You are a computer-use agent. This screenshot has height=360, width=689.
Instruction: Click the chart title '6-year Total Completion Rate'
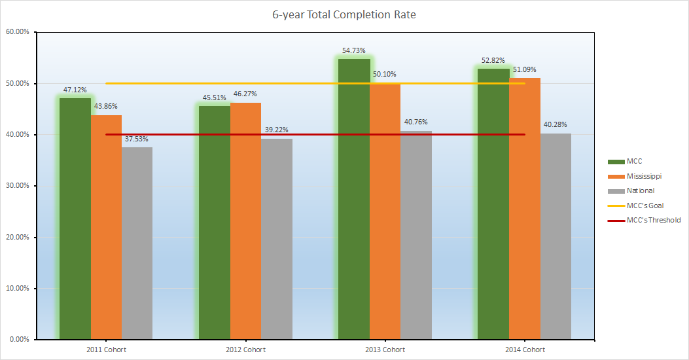[344, 15]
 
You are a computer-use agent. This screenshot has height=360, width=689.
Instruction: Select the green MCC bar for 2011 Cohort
[75, 219]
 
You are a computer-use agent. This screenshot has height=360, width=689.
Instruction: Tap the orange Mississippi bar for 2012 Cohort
[245, 221]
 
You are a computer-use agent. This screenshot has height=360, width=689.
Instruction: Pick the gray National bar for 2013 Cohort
[416, 235]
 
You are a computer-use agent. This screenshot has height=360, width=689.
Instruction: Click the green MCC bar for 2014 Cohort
[493, 204]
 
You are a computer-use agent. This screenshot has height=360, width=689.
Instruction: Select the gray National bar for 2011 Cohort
[137, 243]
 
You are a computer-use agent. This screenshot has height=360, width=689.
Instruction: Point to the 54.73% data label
[354, 50]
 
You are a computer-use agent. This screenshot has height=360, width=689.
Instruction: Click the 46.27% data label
[245, 94]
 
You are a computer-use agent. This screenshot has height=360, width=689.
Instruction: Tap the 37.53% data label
[136, 139]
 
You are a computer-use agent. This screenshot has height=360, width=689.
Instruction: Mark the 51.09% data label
[525, 69]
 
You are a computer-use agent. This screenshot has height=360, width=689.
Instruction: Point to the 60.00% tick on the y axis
[18, 31]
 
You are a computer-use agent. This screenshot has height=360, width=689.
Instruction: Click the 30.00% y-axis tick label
[18, 185]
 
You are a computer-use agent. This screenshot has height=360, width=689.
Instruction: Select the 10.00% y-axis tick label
[18, 289]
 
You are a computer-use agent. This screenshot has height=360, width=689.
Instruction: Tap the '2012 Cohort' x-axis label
[245, 350]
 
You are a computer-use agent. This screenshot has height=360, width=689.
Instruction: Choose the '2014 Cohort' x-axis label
[525, 350]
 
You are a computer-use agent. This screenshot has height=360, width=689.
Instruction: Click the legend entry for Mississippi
[635, 176]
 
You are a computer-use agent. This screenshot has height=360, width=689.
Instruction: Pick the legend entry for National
[631, 190]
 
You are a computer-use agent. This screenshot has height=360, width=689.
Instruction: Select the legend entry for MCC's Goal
[635, 206]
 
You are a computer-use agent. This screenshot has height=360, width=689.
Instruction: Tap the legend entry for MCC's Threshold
[645, 220]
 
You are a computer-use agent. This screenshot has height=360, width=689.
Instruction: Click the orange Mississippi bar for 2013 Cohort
[385, 211]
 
